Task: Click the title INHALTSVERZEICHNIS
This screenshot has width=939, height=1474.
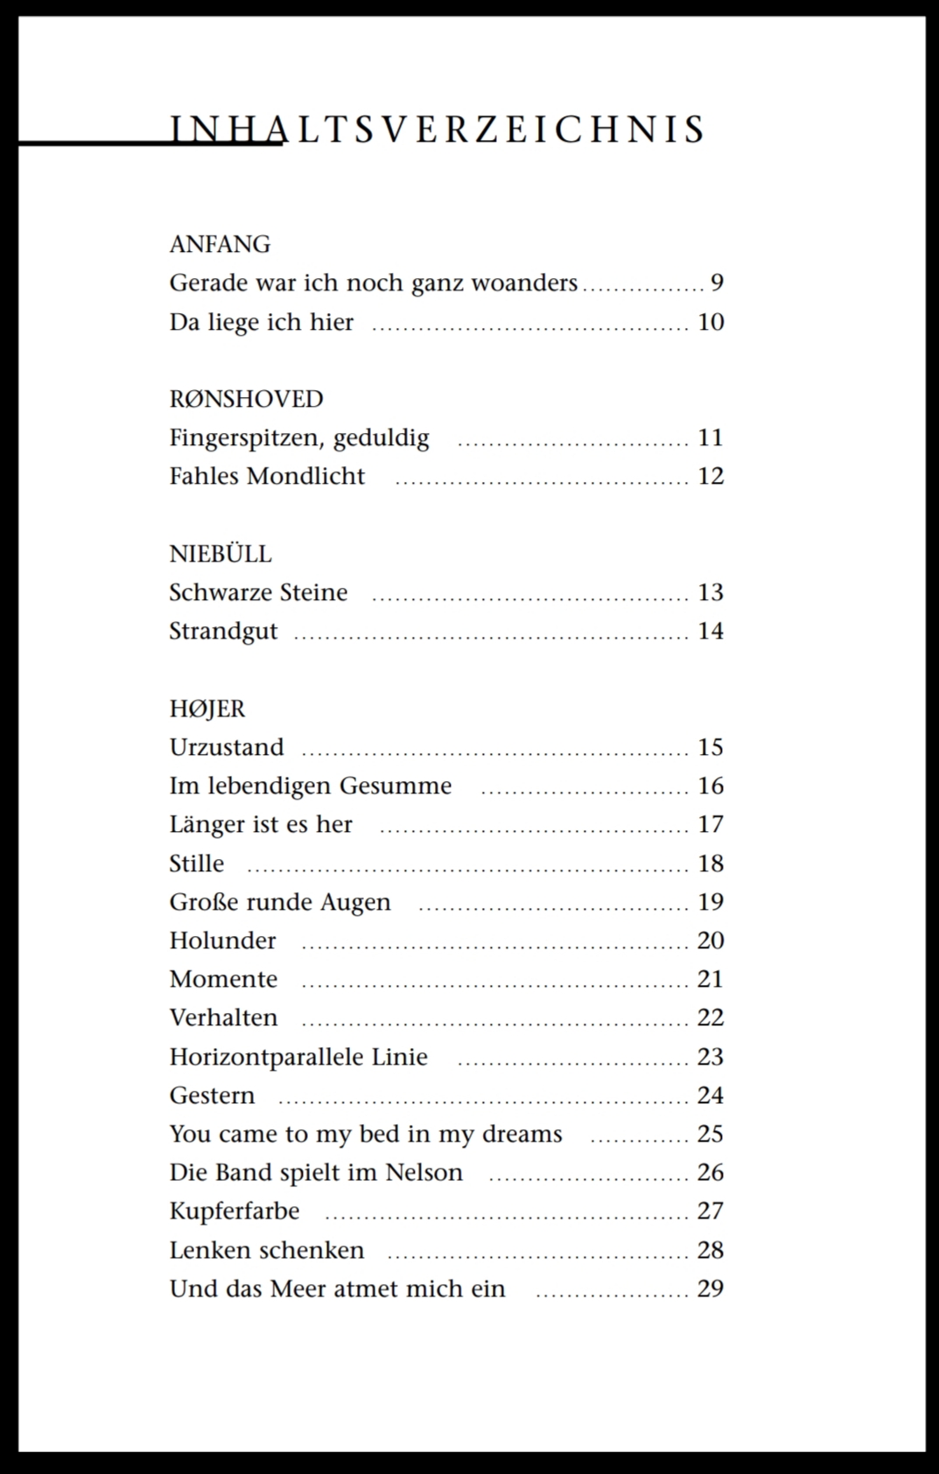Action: click(438, 129)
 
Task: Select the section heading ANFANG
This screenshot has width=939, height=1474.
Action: click(220, 244)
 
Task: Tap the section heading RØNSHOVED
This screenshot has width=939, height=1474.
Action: click(246, 399)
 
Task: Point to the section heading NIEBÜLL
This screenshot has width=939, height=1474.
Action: click(221, 554)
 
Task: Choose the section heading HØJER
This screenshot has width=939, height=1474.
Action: click(207, 709)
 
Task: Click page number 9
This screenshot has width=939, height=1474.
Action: click(717, 283)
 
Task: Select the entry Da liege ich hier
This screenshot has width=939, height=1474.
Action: click(261, 322)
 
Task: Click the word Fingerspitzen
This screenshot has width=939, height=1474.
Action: click(246, 437)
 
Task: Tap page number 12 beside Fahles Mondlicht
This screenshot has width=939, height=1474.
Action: click(711, 476)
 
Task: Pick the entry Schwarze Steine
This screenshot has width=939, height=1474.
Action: click(258, 592)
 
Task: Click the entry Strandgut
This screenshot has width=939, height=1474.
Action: click(223, 631)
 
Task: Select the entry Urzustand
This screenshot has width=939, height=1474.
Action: click(227, 747)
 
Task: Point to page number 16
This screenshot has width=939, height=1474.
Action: click(711, 786)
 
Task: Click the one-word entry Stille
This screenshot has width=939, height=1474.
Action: click(196, 863)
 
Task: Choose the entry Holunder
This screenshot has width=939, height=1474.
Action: click(222, 940)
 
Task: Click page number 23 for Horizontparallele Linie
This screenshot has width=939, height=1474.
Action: click(711, 1057)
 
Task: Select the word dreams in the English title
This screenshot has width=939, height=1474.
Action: click(522, 1134)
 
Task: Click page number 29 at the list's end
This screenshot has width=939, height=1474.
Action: click(711, 1289)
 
